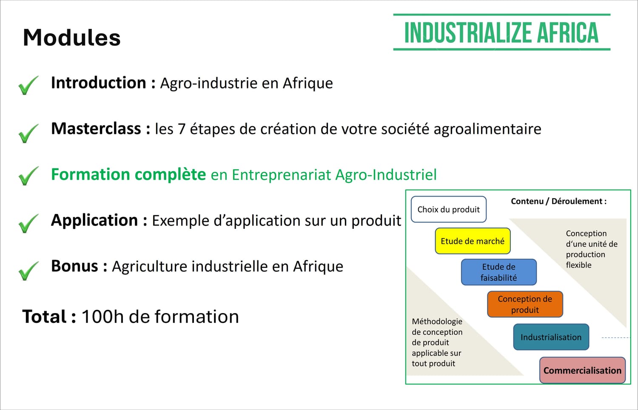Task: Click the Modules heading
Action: coord(72,37)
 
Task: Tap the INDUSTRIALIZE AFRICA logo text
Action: coord(501,33)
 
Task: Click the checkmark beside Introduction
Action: coord(28,85)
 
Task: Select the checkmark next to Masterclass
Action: coord(28,133)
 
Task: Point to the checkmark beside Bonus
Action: coord(28,271)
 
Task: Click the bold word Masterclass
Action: coord(96,128)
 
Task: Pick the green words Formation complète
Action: coord(128,174)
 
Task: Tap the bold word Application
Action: coord(94,220)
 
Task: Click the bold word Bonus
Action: coord(74,266)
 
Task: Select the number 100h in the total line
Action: coord(103,316)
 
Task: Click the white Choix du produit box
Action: coord(449,209)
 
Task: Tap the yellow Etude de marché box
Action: coord(473,241)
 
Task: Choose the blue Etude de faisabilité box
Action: coord(499,272)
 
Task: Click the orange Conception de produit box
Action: coord(525,304)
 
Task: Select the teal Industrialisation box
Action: coord(551,337)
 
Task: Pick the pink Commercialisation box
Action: coord(582,370)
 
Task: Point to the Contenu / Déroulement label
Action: coord(558,201)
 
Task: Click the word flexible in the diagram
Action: coord(579,265)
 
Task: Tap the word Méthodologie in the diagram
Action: coord(437,322)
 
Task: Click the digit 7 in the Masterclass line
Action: coord(182,129)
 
